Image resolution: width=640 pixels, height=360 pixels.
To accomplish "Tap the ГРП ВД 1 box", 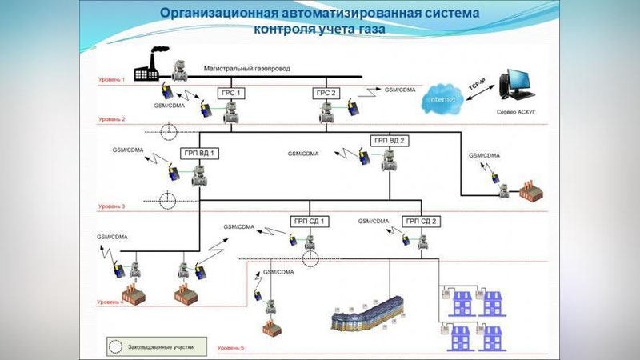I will point(198,152).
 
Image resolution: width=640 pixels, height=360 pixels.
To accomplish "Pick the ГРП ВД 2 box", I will point(390,141).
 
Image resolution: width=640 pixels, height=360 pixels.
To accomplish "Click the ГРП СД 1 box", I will point(309,220).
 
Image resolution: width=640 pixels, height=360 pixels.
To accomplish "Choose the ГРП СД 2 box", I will point(422,220).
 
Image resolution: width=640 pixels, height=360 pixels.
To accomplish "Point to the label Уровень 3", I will point(112,206).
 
